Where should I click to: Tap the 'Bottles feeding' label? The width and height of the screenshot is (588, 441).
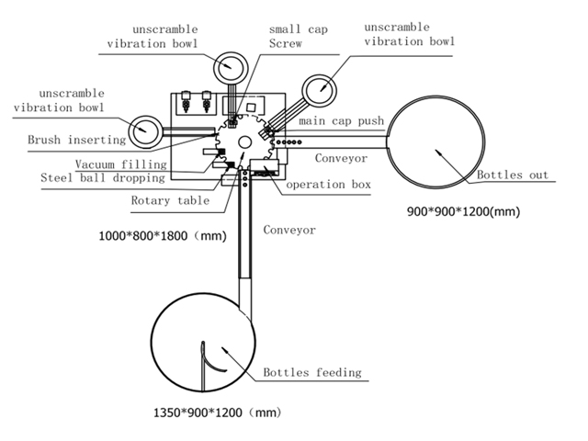[311, 373]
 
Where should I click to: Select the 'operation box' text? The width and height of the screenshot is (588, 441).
[328, 185]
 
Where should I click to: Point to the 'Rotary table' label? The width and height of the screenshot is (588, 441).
[170, 200]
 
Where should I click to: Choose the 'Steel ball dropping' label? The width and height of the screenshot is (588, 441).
[102, 177]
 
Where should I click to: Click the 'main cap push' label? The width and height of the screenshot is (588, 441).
[340, 121]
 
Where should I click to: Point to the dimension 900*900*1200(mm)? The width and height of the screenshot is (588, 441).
[463, 211]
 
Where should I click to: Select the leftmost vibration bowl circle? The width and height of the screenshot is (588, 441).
[146, 130]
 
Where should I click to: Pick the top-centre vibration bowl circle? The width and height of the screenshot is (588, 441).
[227, 66]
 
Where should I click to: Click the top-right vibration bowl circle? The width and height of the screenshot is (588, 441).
[322, 92]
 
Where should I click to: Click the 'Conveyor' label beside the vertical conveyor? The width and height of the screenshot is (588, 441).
[288, 230]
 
